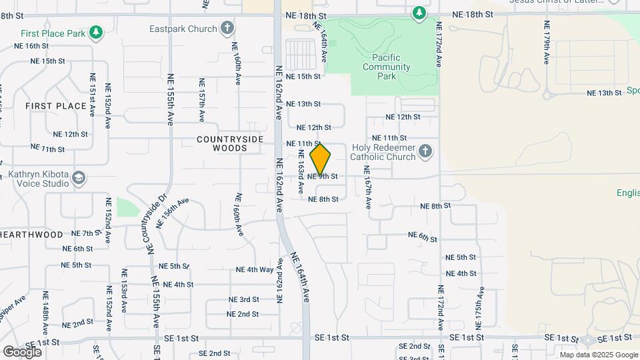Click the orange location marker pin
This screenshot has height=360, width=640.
[x=321, y=159]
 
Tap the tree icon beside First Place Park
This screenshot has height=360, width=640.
[x=97, y=32]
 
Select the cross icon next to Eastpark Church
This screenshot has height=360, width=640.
[x=227, y=29]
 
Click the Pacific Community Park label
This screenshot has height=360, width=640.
[x=386, y=67]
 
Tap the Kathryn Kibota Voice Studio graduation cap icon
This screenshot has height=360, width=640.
[x=79, y=177]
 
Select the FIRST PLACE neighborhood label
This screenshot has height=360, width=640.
[x=56, y=106]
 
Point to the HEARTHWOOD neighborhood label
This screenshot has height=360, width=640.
[x=31, y=235]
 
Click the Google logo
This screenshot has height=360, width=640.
[x=22, y=351]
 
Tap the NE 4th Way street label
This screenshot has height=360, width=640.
[x=255, y=270]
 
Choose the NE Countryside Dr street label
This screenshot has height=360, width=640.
[x=154, y=223]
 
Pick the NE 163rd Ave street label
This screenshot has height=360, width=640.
[x=301, y=171]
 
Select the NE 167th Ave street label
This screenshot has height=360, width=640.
[x=367, y=187]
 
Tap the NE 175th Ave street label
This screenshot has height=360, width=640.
[x=479, y=308]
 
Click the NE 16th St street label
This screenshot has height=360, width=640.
[x=31, y=46]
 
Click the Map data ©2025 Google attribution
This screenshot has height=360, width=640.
[x=598, y=355]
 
